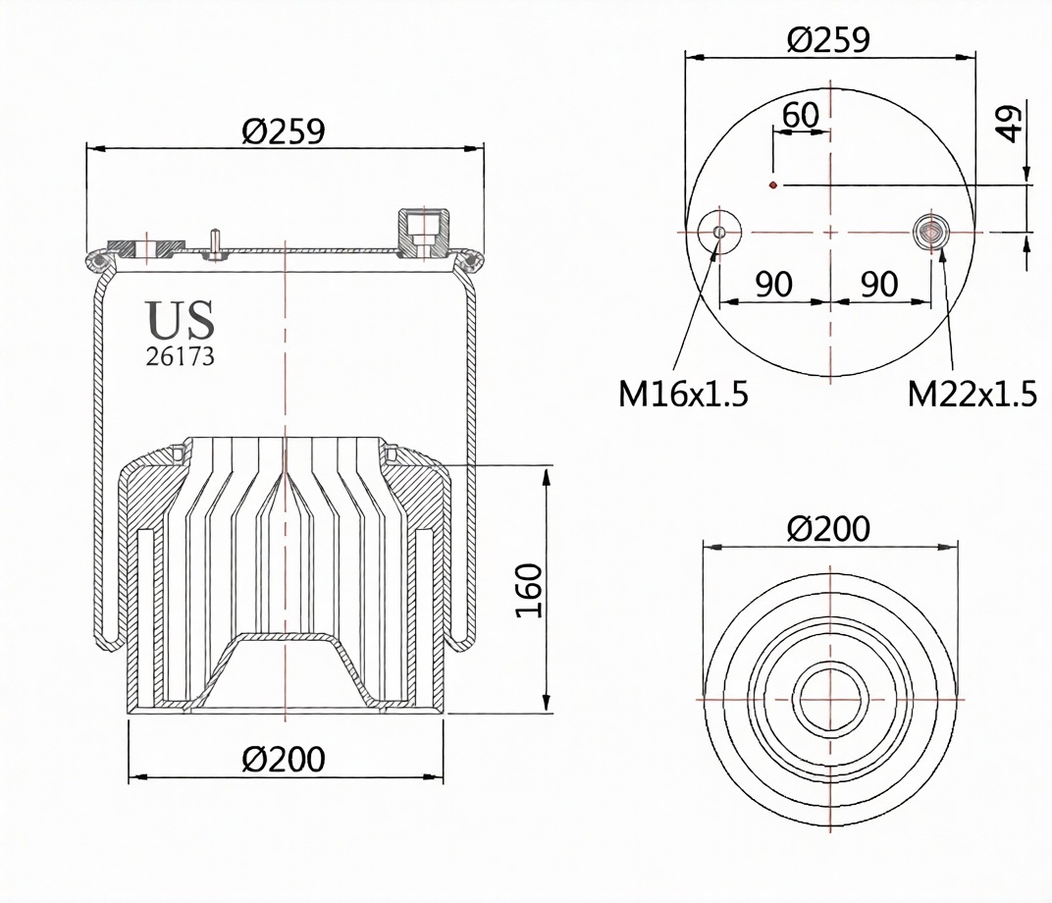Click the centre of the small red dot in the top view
click(773, 185)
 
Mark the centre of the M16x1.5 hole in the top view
click(719, 232)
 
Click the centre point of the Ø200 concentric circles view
click(831, 699)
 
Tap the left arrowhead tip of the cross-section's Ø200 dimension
click(129, 777)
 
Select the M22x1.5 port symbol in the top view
click(930, 232)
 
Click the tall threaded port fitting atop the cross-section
click(424, 232)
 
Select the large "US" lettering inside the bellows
click(180, 319)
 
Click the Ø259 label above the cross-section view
click(284, 131)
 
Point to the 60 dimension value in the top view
click(801, 115)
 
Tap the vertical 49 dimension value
click(1009, 123)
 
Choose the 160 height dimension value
click(529, 590)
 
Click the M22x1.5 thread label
click(973, 394)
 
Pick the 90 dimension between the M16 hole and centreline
click(773, 285)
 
